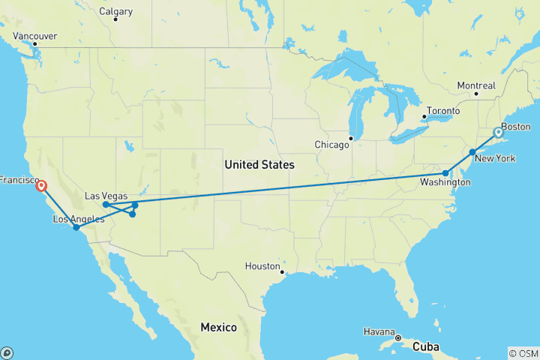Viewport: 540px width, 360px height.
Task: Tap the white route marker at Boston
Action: point(498,133)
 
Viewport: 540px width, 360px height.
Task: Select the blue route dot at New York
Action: point(472,152)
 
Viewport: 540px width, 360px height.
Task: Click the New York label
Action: point(496,158)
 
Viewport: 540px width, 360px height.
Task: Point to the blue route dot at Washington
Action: point(445,173)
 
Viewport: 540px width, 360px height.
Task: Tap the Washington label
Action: point(441,183)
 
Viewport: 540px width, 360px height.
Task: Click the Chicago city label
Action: point(332,144)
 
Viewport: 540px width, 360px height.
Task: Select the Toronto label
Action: point(442,111)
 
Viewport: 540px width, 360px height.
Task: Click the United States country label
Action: point(259,164)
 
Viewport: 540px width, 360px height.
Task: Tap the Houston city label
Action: point(262,266)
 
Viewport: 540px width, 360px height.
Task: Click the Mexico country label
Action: point(218,328)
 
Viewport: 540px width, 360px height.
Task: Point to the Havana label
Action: point(380,331)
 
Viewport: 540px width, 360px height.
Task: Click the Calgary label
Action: point(115,11)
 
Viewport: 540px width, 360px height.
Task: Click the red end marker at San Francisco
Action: point(40,186)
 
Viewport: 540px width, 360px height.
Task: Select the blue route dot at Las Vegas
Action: point(106,204)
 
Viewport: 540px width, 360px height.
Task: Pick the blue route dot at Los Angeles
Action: point(76,226)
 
